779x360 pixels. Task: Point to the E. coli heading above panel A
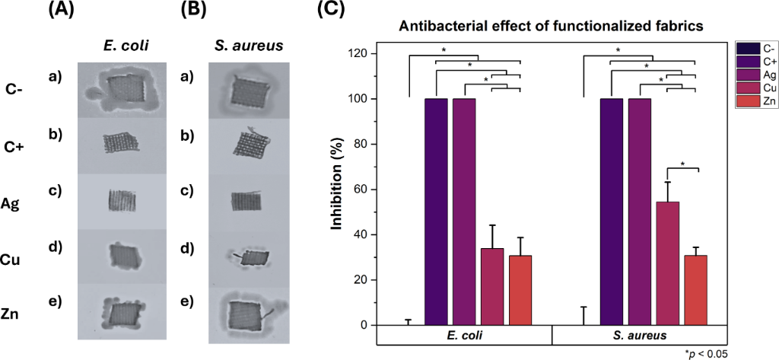point(125,46)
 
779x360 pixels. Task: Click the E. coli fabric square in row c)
point(122,201)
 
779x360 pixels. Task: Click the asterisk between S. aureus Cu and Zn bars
point(682,164)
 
